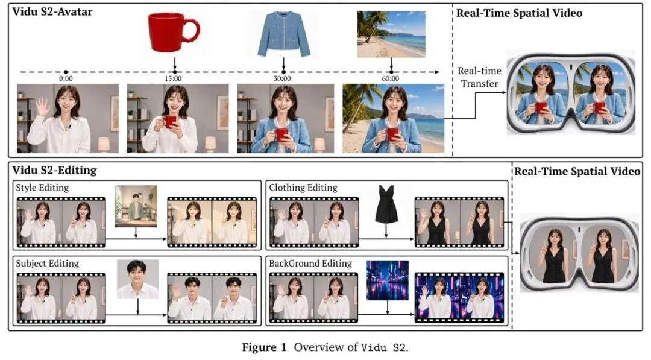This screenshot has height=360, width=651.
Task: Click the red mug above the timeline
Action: click(174, 33)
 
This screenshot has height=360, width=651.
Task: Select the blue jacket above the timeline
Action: click(283, 34)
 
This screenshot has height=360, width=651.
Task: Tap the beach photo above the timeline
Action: click(391, 34)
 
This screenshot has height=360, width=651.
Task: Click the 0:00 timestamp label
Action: click(66, 78)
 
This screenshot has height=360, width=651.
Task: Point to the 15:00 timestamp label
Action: click(173, 78)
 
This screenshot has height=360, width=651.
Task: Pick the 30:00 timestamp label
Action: click(282, 78)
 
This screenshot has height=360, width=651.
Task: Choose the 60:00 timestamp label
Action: click(390, 78)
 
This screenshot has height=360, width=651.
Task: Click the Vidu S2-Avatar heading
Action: click(52, 11)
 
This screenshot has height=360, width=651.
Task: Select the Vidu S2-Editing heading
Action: click(54, 170)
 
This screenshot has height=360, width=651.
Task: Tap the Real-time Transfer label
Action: click(479, 77)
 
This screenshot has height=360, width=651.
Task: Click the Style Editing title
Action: click(42, 188)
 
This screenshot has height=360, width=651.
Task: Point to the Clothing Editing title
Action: click(303, 188)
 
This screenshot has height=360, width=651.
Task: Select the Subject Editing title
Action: click(48, 264)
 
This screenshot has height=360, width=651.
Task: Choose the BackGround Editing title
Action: click(310, 264)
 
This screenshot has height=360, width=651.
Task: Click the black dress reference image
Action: click(386, 204)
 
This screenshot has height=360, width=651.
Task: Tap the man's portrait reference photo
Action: click(138, 279)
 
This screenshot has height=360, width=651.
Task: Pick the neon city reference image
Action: click(388, 280)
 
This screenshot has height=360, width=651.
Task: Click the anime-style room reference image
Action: click(136, 206)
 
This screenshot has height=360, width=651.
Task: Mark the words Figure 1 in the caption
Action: click(264, 347)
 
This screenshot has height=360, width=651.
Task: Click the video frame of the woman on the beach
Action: click(393, 118)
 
